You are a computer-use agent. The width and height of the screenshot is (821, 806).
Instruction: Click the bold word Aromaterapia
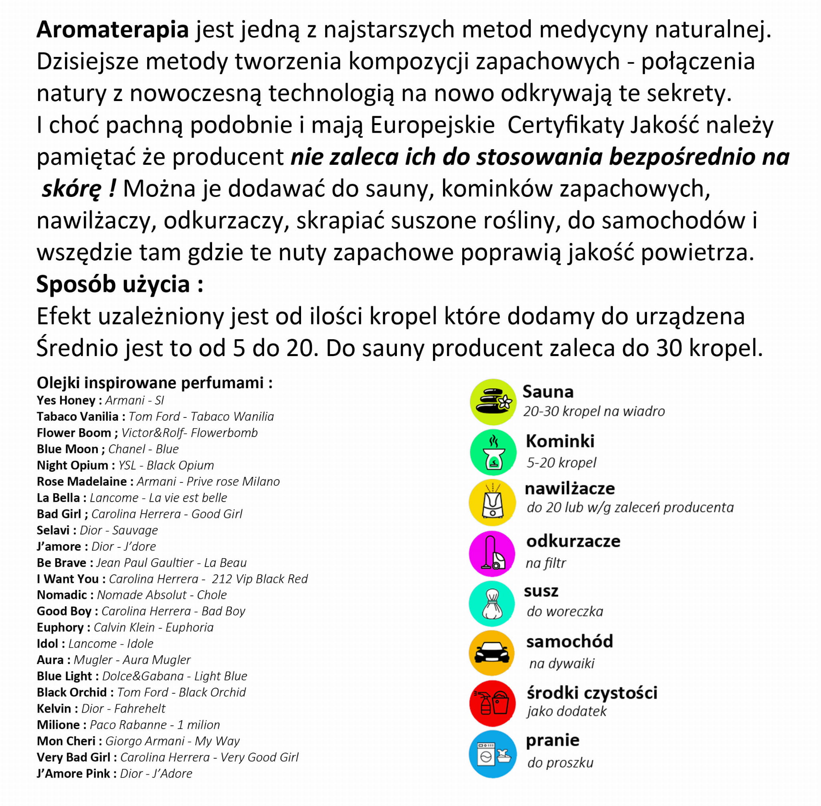coord(113,30)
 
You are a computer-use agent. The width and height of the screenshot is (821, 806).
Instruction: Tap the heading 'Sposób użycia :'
coord(120,284)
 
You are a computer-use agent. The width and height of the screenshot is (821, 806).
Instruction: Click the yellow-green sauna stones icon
coord(493,402)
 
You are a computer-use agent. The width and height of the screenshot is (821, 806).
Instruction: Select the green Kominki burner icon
coord(493,452)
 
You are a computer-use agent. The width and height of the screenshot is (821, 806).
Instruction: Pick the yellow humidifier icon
coord(493,502)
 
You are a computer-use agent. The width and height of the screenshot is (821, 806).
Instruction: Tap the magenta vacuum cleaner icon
coord(492,553)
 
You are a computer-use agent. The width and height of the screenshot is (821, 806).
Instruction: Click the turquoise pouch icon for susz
coord(492,603)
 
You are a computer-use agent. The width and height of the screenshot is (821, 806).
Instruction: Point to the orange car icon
coord(492,653)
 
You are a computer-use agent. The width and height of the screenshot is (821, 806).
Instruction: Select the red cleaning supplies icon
coord(493,703)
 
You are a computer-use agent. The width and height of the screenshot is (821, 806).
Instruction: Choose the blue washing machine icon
coord(493,754)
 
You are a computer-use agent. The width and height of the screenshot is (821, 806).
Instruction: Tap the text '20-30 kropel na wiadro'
coord(594,411)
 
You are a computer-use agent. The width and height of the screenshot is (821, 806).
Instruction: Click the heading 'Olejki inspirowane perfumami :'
coord(154,383)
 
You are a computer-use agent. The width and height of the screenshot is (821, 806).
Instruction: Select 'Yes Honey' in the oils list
coord(66,401)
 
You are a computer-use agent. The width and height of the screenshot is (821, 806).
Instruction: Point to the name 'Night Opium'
coord(73,465)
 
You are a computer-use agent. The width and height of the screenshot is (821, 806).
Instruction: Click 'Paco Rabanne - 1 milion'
coord(155,725)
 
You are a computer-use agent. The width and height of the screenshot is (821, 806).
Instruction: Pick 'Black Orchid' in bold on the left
coord(72,692)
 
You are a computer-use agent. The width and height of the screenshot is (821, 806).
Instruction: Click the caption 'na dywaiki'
coord(562,663)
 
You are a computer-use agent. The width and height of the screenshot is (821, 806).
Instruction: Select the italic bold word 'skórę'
coord(72,189)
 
